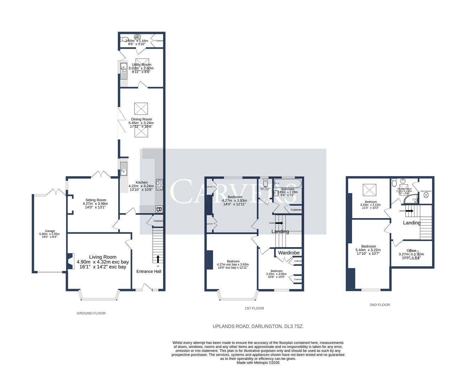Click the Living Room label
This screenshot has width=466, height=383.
[x=103, y=257]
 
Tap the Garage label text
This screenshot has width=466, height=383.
[x=45, y=231]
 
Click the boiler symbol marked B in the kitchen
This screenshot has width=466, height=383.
[x=159, y=210]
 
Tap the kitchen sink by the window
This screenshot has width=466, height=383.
[x=124, y=168]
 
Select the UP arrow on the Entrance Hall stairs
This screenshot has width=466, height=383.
[x=158, y=259]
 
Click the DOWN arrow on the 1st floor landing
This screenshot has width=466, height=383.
[x=279, y=223]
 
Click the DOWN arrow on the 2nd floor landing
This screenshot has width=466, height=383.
[x=409, y=211]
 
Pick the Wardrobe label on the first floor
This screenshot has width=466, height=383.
[x=289, y=253]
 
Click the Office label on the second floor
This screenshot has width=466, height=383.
[x=411, y=250]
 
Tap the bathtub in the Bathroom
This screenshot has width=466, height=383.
[x=288, y=184]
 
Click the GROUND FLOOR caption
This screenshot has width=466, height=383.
[x=91, y=313]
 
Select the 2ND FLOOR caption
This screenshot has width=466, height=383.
[x=380, y=305]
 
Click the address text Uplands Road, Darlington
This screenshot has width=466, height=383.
[x=258, y=326]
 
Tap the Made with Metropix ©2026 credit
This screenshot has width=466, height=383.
[x=258, y=363]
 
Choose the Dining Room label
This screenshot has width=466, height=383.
[x=141, y=120]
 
